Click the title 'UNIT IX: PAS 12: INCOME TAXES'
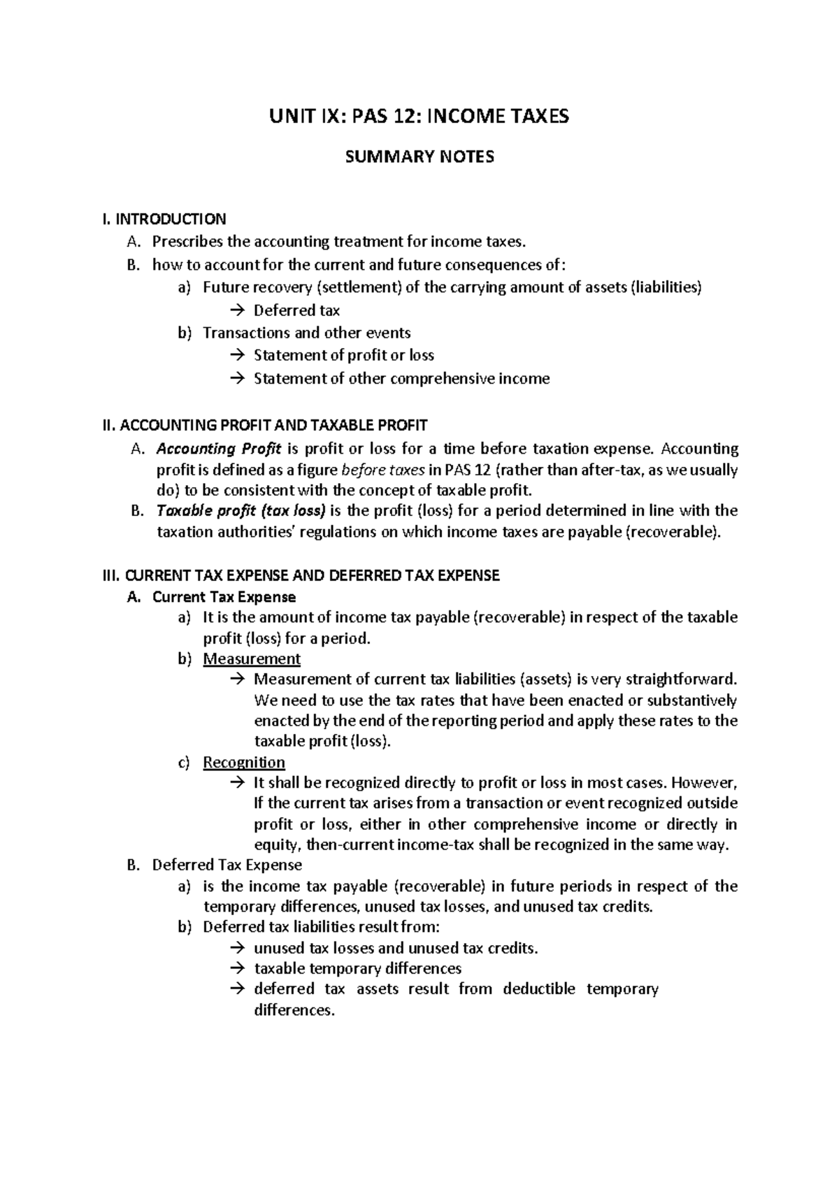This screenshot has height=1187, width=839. [x=419, y=116]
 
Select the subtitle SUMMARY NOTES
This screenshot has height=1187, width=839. [x=419, y=157]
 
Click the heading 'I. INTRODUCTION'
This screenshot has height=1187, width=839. [x=164, y=220]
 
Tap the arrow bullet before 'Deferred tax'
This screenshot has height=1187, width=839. [x=236, y=310]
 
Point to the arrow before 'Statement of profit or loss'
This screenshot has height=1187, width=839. [x=236, y=355]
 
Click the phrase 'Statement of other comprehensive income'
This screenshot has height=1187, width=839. [x=401, y=379]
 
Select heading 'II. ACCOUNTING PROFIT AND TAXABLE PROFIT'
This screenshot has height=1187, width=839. [x=264, y=425]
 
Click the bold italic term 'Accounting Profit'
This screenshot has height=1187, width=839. [x=218, y=448]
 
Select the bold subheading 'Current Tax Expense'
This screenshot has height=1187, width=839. [x=224, y=598]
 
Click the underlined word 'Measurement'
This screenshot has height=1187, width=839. [x=252, y=659]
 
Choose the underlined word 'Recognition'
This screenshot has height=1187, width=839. [x=244, y=763]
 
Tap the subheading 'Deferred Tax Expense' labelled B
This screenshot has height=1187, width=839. [x=227, y=865]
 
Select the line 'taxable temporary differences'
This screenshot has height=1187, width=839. [x=357, y=969]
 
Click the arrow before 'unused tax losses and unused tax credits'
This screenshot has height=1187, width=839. [x=236, y=949]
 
